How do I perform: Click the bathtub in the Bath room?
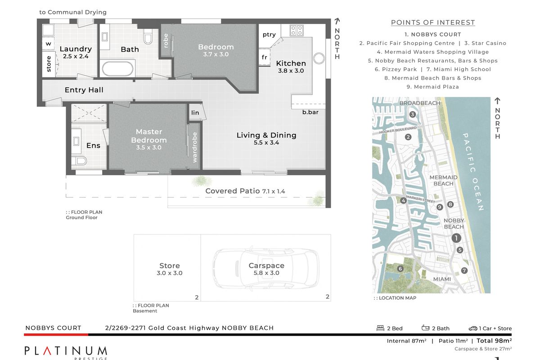click(117, 68)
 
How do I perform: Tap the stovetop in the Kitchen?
click(297, 31)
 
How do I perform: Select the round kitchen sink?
click(319, 58)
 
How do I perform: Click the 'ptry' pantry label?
click(269, 35)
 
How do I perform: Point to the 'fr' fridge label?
click(265, 57)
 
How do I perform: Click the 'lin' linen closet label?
click(195, 112)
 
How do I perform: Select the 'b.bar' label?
click(310, 112)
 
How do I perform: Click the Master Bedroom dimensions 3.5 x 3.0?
click(149, 147)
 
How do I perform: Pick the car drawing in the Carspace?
click(265, 268)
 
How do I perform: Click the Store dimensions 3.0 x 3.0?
click(170, 273)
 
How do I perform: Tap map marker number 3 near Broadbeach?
click(413, 114)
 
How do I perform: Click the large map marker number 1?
click(456, 238)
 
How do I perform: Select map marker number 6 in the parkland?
click(400, 269)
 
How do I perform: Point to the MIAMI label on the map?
click(442, 279)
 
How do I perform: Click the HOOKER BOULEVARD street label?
click(398, 130)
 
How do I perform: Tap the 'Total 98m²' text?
click(494, 341)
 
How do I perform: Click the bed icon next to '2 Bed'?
click(380, 328)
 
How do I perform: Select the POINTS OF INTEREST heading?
click(433, 22)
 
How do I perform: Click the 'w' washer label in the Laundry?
click(49, 44)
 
